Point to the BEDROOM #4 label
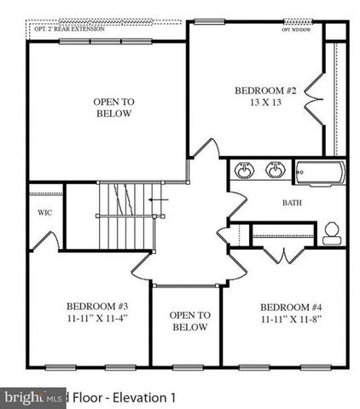pyautogui.click(x=290, y=307)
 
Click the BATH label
pyautogui.click(x=293, y=203)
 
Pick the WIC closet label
pyautogui.click(x=45, y=214)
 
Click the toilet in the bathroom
pyautogui.click(x=332, y=231)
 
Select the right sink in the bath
pyautogui.click(x=275, y=170)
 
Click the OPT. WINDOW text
pyautogui.click(x=297, y=29)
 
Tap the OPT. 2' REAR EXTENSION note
pyautogui.click(x=69, y=29)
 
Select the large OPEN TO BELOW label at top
pyautogui.click(x=113, y=107)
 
